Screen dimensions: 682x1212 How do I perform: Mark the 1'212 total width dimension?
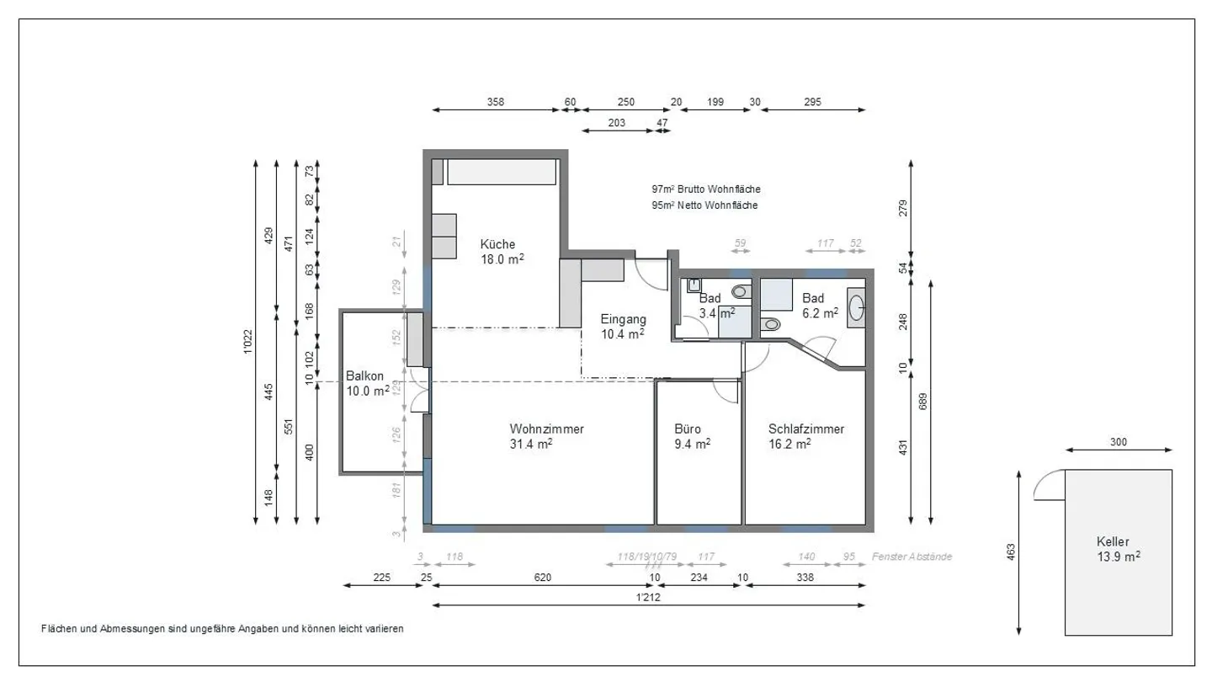click(x=647, y=597)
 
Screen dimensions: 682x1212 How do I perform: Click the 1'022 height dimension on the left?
click(x=247, y=341)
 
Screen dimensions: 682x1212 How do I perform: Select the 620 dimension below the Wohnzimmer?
click(x=543, y=578)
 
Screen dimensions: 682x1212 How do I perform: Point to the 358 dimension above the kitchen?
click(x=496, y=103)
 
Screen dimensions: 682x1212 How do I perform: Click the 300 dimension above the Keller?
click(x=1118, y=443)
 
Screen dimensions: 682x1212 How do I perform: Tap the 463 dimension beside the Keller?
click(x=1011, y=551)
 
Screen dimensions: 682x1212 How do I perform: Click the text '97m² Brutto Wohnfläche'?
click(x=705, y=189)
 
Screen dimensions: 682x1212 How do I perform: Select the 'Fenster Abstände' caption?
click(x=912, y=557)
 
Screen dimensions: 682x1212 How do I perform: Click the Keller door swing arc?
click(x=1047, y=483)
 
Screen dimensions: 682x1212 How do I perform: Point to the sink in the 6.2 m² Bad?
click(x=856, y=307)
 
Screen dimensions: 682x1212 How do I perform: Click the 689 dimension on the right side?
click(x=923, y=402)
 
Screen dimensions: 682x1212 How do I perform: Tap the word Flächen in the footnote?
click(x=59, y=629)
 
